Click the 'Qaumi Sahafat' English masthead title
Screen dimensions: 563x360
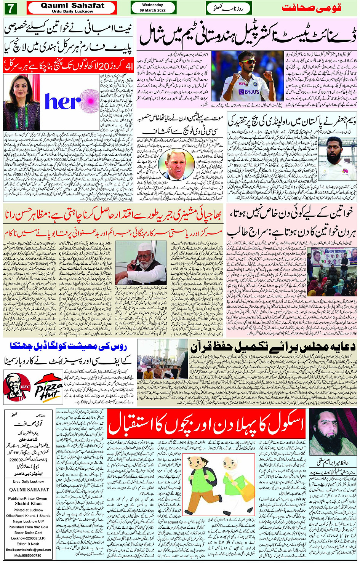pos(72,6)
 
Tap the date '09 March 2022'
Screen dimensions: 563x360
pos(153,10)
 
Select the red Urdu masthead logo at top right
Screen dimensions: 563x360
pos(311,8)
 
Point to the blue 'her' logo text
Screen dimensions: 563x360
pos(63,102)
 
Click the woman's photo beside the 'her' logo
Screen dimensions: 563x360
pos(21,102)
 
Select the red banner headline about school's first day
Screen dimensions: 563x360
pos(206,424)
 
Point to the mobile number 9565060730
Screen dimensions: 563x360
pos(28,555)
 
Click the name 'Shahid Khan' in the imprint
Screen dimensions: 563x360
pos(28,503)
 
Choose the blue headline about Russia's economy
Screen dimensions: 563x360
pos(69,347)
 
